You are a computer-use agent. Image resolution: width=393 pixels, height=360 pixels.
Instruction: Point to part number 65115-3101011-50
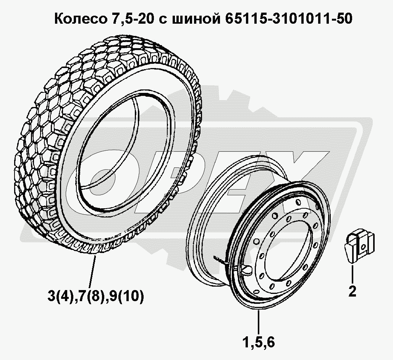pyautogui.click(x=289, y=19)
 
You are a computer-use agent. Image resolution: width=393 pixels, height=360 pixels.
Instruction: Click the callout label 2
pyautogui.click(x=352, y=292)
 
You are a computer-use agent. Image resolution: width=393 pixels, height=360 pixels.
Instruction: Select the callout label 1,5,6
pyautogui.click(x=259, y=342)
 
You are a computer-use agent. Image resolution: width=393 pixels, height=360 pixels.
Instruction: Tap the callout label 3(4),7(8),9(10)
pyautogui.click(x=96, y=296)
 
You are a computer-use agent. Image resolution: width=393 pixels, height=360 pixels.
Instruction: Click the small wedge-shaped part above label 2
pyautogui.click(x=359, y=246)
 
